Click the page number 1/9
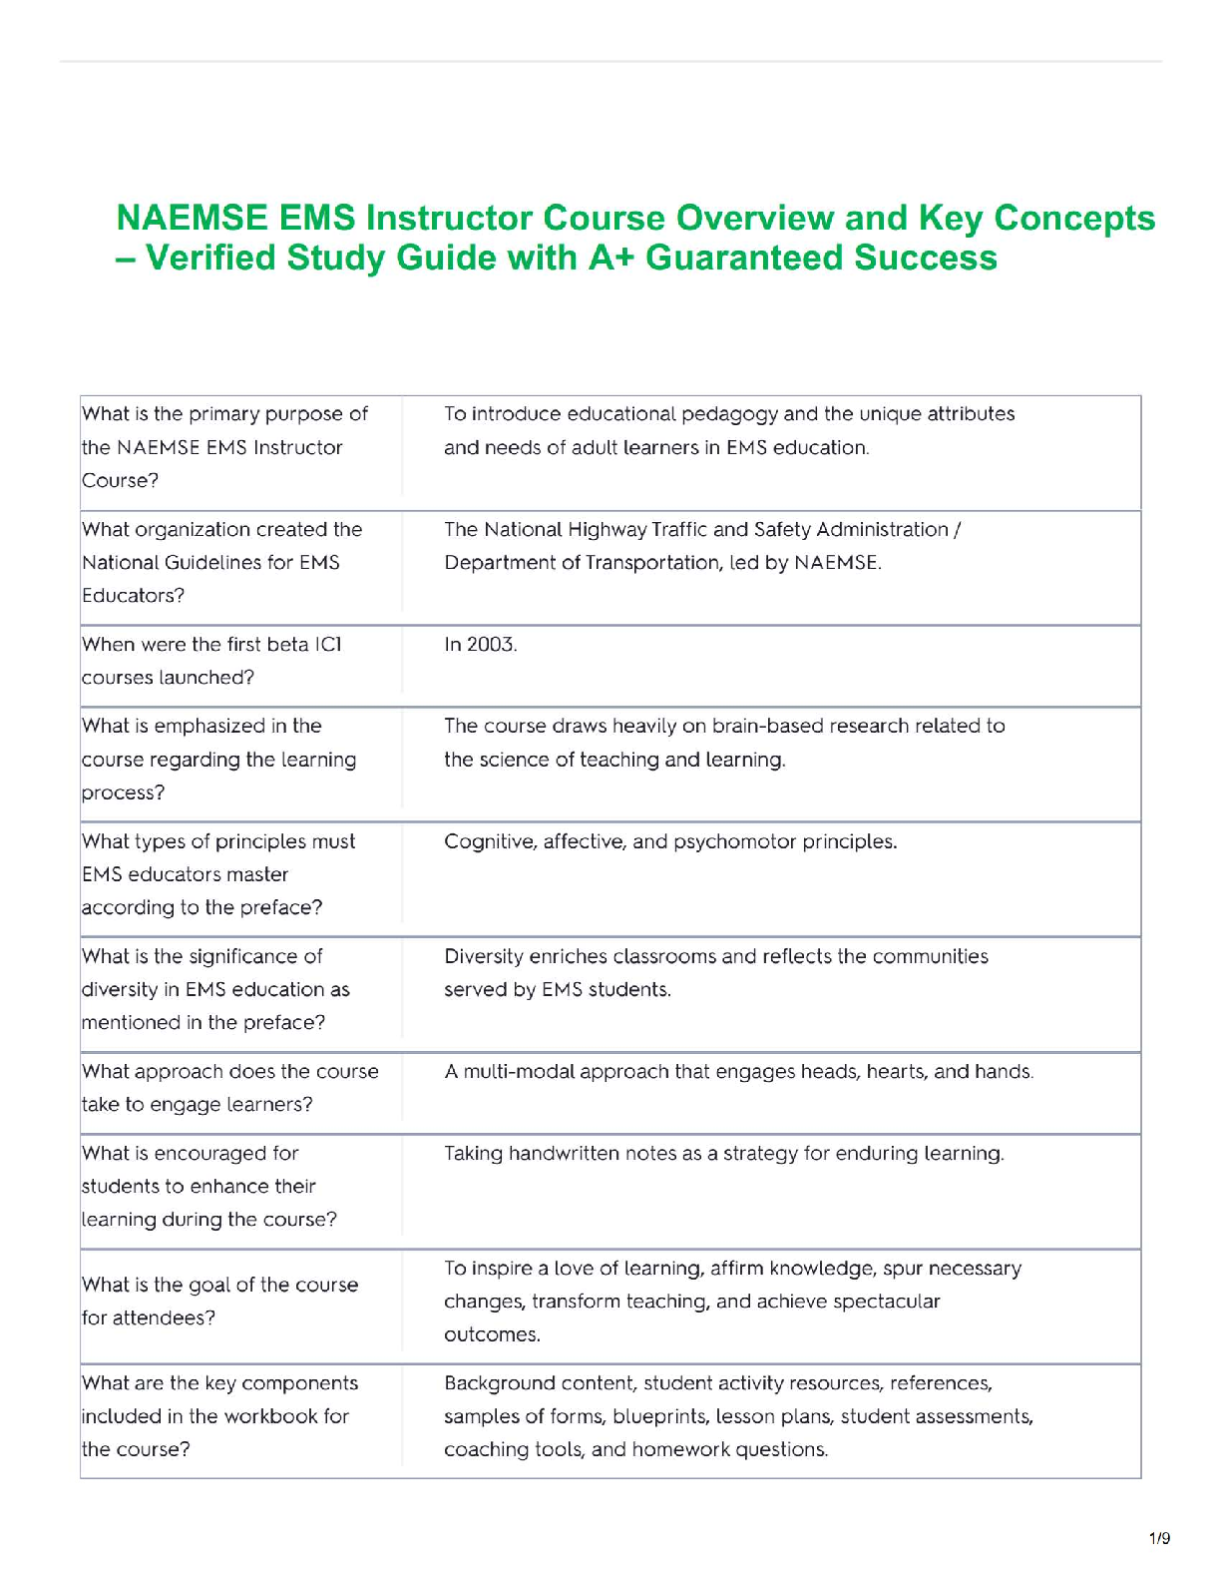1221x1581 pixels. [x=1159, y=1538]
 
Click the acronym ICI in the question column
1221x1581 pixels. [x=328, y=645]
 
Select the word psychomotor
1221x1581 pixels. [x=736, y=841]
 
